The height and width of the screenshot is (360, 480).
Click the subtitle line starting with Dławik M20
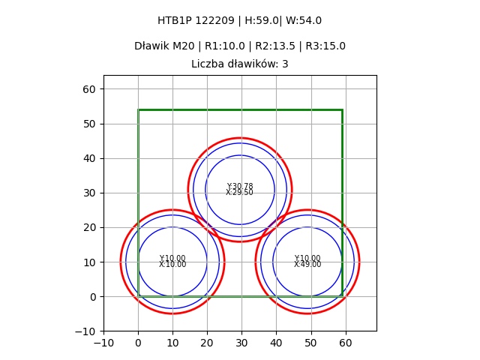pyautogui.click(x=240, y=46)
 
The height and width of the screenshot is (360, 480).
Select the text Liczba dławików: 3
pyautogui.click(x=240, y=64)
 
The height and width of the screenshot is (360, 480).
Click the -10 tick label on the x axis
pyautogui.click(x=103, y=343)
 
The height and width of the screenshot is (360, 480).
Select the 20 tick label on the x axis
pyautogui.click(x=207, y=343)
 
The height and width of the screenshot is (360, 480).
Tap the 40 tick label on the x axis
pyautogui.click(x=276, y=343)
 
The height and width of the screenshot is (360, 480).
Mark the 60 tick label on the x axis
pyautogui.click(x=345, y=343)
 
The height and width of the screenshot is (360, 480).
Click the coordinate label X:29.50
pyautogui.click(x=240, y=193)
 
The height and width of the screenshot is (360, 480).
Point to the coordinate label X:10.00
pyautogui.click(x=172, y=265)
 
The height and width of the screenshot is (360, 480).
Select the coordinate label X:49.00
pyautogui.click(x=307, y=265)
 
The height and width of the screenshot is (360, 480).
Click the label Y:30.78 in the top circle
pyautogui.click(x=240, y=187)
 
